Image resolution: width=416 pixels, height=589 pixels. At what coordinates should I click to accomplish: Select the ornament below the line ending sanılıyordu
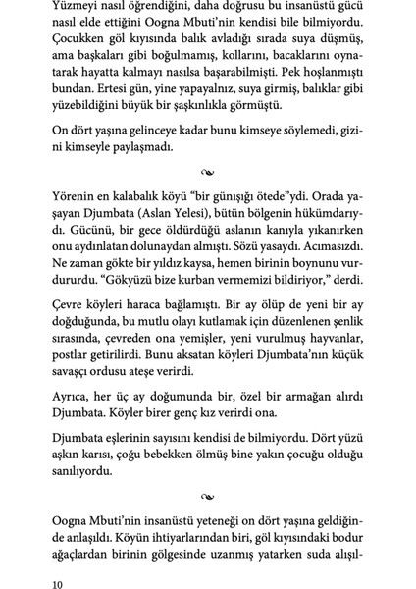click(208, 542)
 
